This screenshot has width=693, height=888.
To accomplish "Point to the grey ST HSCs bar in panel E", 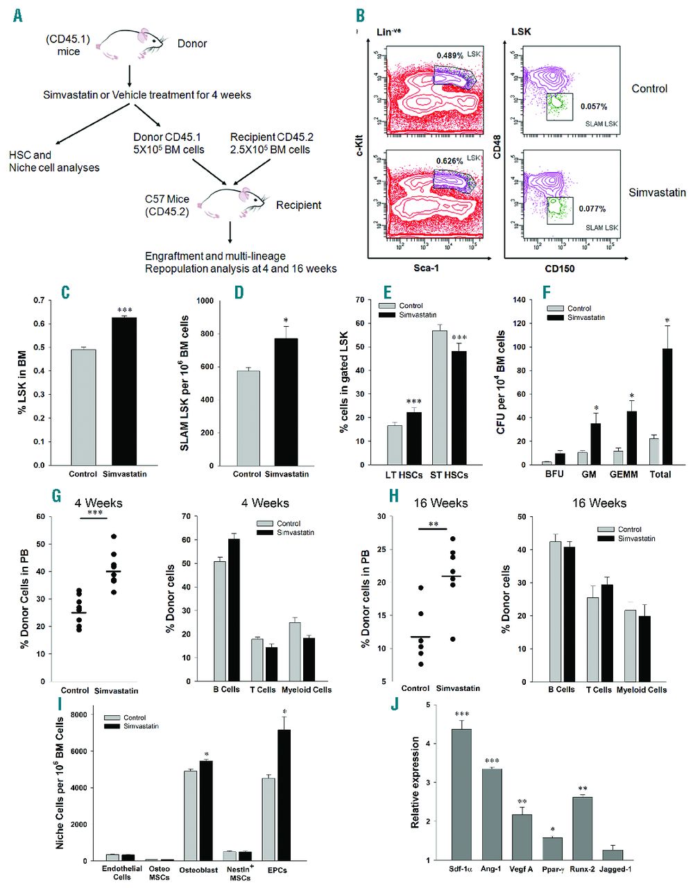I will (439, 398).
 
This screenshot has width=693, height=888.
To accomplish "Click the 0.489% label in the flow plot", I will (450, 55).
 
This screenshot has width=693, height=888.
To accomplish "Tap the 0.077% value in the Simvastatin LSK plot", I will (593, 209).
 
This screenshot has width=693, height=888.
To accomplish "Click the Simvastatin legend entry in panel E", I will (416, 315).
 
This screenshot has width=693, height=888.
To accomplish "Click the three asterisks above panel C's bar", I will (124, 310).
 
